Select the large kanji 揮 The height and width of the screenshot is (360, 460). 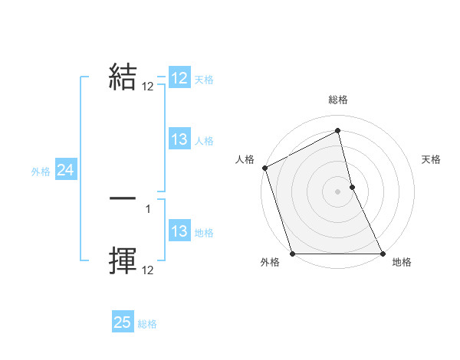123,260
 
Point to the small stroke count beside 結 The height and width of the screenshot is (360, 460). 148,87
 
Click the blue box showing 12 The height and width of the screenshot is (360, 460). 179,78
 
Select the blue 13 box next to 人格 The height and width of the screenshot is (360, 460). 179,139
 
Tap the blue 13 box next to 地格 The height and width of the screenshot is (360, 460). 179,231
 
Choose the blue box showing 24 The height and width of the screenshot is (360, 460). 65,171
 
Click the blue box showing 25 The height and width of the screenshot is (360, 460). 123,322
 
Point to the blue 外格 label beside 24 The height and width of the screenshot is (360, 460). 41,172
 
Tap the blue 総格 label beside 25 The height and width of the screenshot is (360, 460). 147,324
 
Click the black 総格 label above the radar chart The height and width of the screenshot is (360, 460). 338,100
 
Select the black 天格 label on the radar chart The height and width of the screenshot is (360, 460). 431,159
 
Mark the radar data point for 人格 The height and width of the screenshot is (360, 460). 264,168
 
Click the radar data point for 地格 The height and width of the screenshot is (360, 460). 383,254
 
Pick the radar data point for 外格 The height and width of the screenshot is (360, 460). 293,254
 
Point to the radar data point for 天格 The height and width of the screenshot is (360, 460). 352,187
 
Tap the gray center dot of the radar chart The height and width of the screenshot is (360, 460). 338,191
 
